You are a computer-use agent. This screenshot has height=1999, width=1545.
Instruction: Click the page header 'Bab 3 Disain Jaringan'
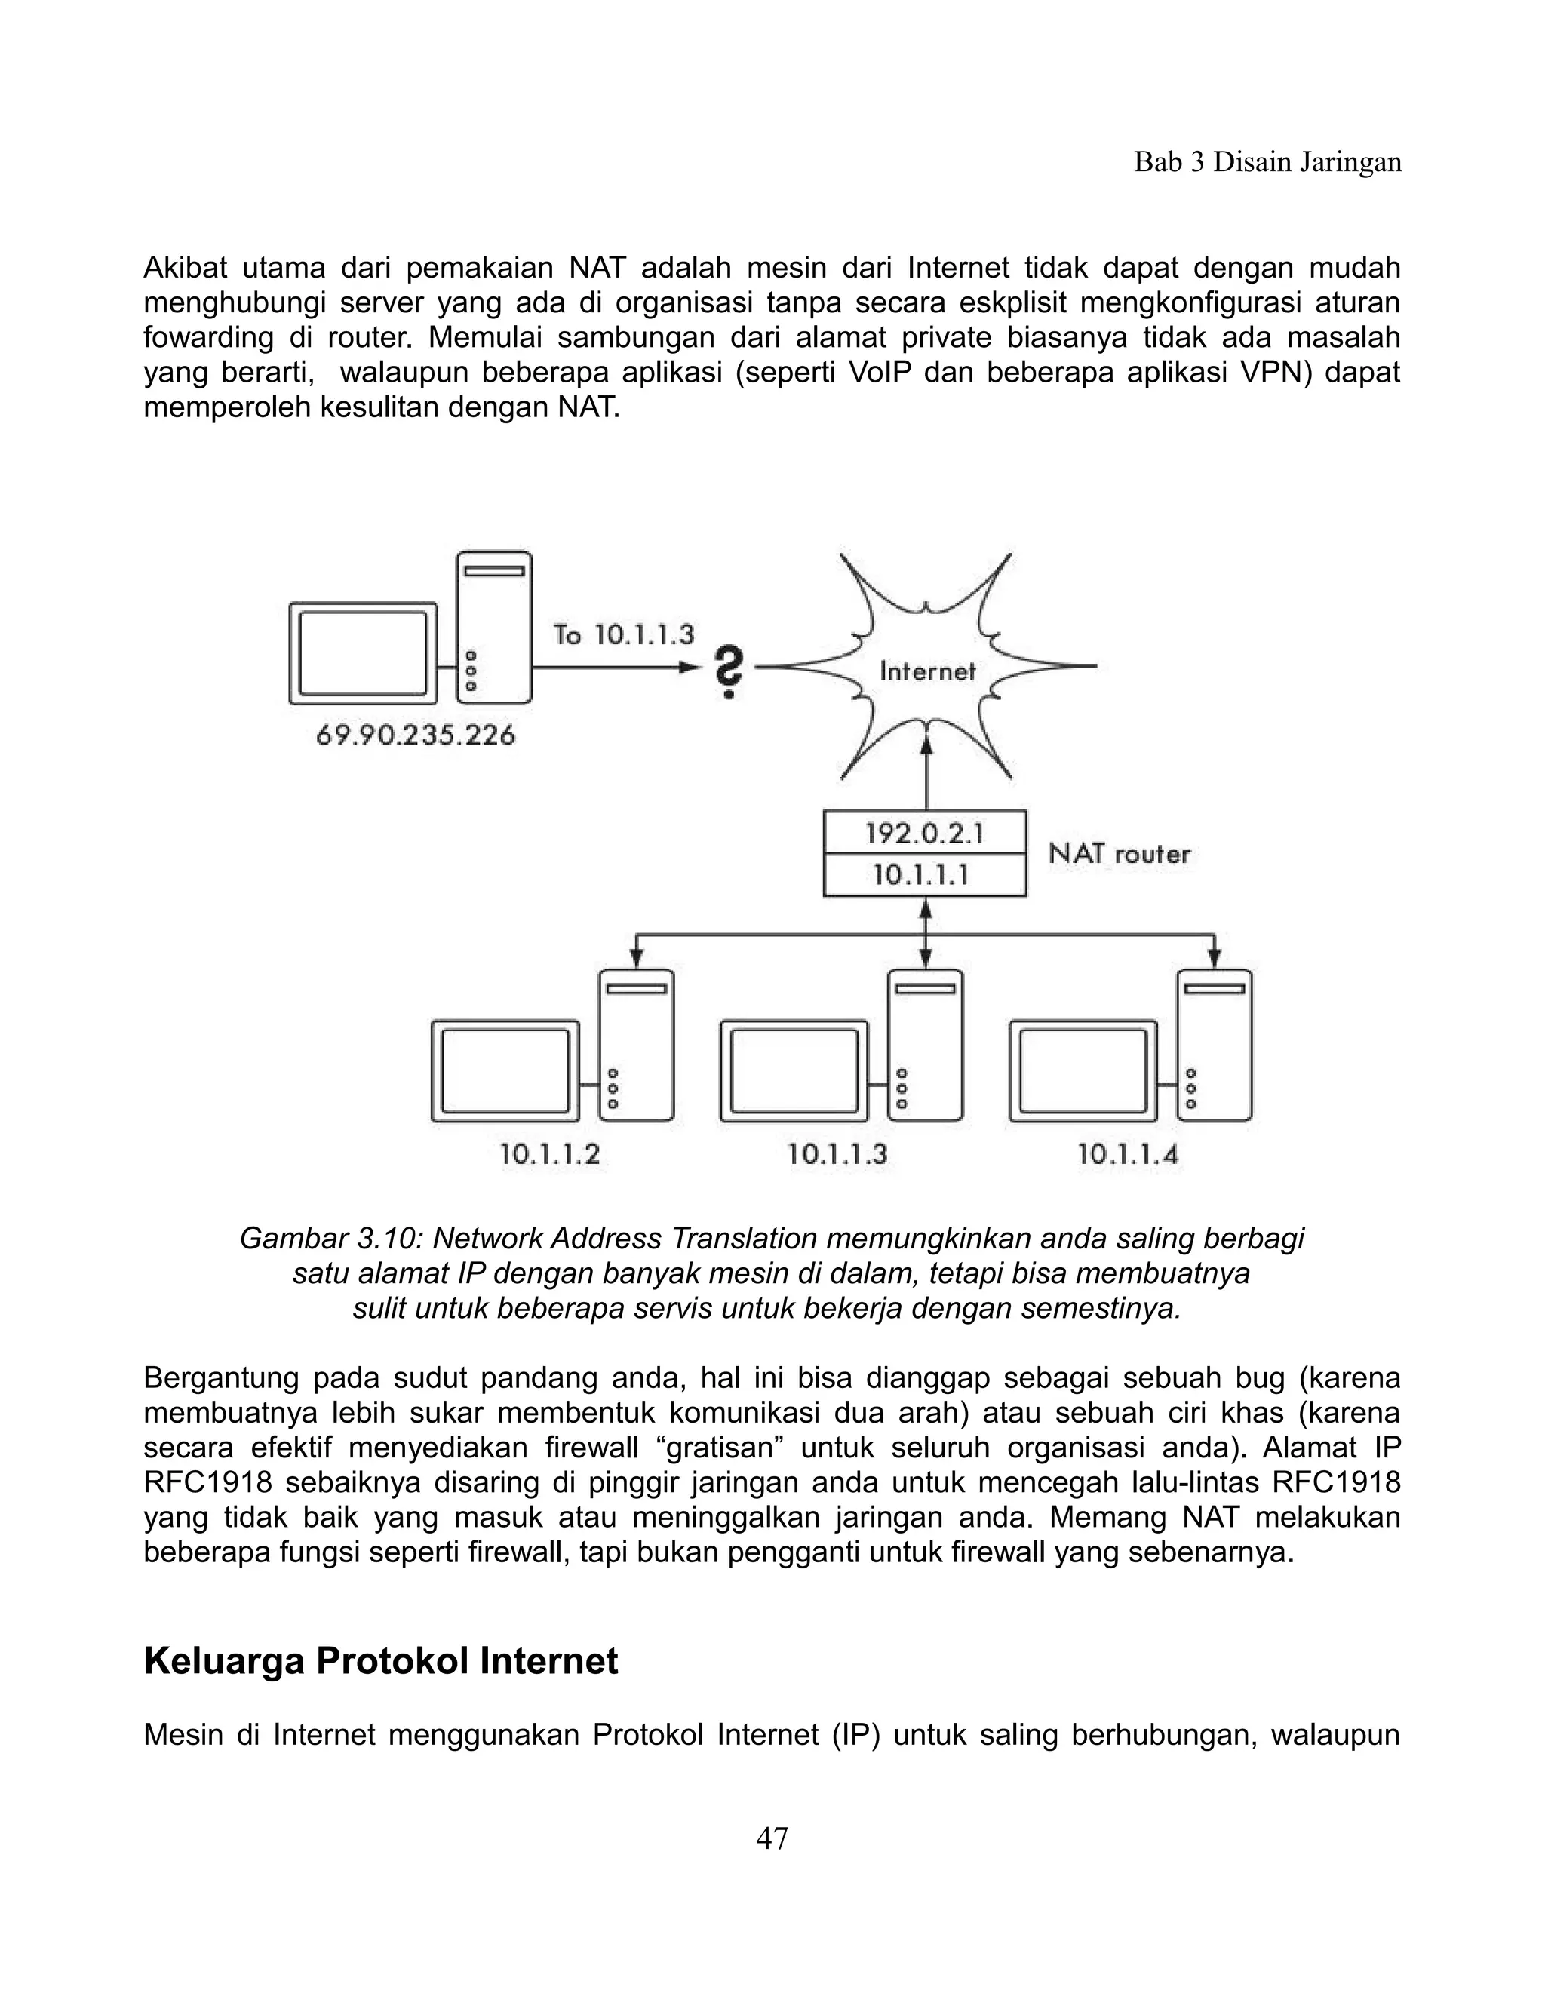coord(1267,162)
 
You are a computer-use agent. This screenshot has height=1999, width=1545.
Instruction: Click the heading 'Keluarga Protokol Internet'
coord(381,1660)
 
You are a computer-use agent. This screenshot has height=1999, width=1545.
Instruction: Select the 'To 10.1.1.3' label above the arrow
coord(623,634)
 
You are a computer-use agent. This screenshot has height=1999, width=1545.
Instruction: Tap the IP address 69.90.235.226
coord(416,734)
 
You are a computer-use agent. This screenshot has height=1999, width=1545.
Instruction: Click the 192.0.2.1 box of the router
coord(924,832)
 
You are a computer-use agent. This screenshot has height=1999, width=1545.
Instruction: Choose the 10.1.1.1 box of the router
coord(924,875)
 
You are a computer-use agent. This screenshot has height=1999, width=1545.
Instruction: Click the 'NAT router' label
coord(1119,854)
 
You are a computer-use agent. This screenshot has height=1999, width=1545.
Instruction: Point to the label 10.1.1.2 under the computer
coord(550,1154)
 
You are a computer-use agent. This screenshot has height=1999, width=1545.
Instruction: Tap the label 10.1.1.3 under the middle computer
coord(837,1154)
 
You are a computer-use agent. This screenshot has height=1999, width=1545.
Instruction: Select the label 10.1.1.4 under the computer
coord(1128,1154)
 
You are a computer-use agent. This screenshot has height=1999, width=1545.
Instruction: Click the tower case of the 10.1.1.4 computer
coord(1214,1046)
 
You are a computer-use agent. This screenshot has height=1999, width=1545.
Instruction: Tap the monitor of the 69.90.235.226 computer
coord(362,653)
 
